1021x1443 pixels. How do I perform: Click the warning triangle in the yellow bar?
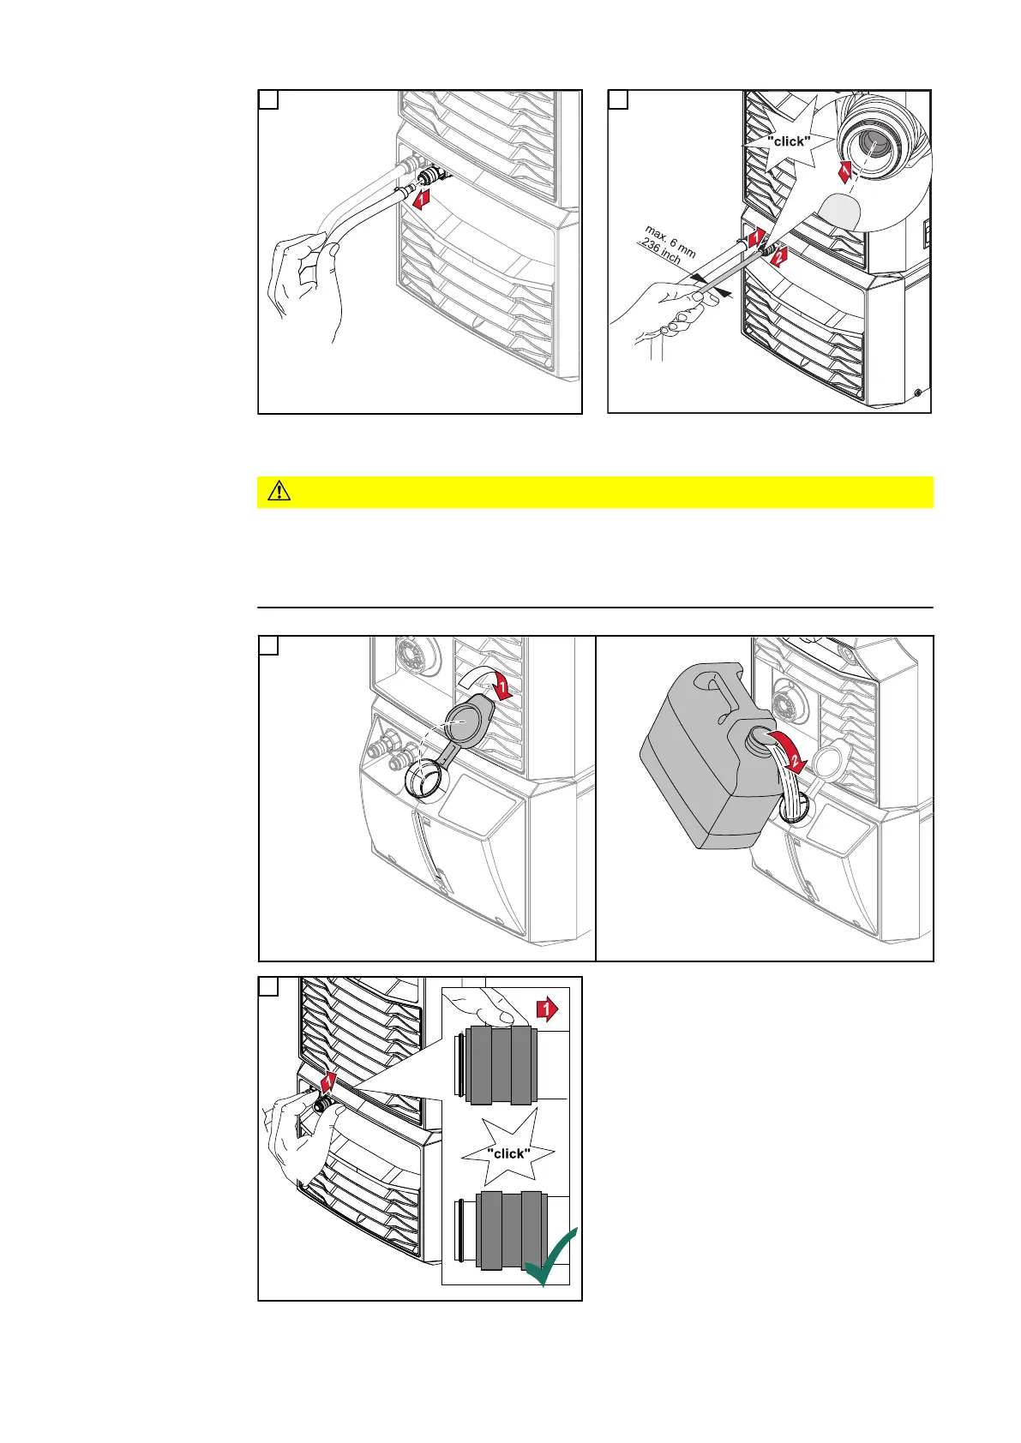coord(279,492)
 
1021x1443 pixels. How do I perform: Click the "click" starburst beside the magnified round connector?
coord(787,140)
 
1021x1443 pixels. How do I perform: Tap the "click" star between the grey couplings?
coord(508,1153)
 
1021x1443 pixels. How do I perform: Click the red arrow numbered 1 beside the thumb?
coord(547,1009)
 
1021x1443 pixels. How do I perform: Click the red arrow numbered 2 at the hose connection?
coord(777,256)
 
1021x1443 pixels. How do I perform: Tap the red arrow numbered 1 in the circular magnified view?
coord(845,171)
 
